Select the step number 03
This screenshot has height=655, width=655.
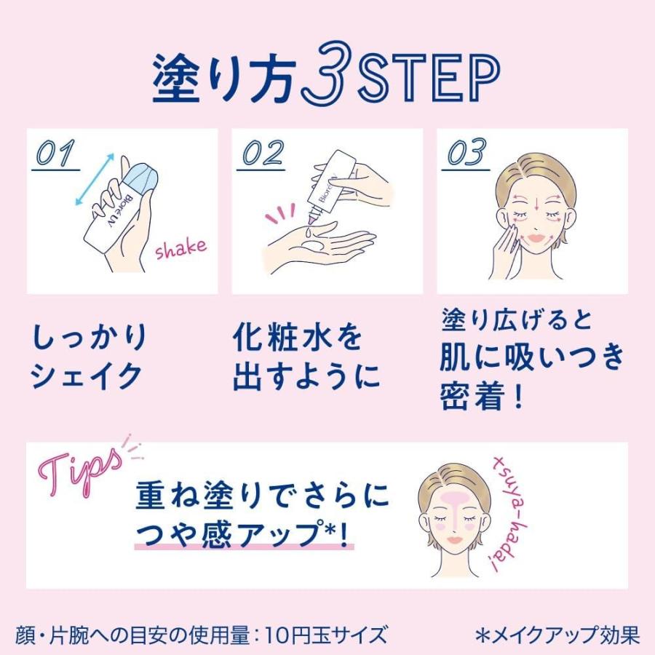(x=467, y=154)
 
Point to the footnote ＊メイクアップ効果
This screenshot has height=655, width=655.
(x=557, y=635)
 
